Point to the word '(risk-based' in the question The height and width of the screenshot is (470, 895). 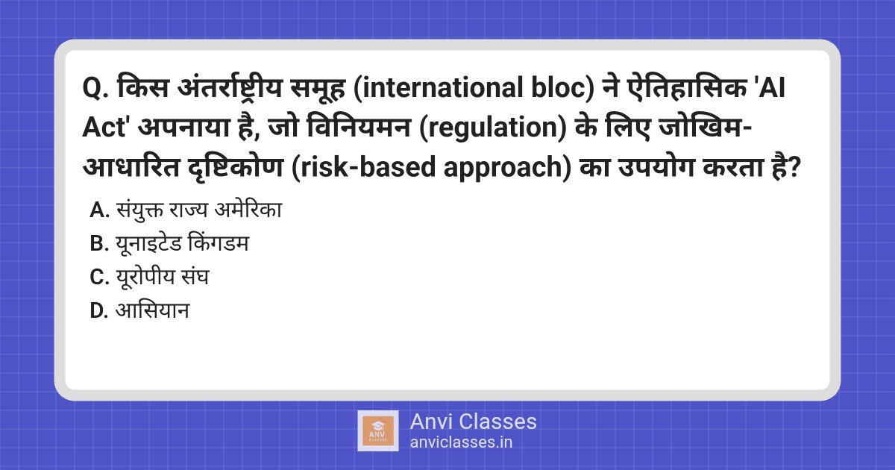point(364,167)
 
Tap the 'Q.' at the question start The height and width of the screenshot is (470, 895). point(95,88)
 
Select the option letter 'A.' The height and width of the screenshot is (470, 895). point(100,210)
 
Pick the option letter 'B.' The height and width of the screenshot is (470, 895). point(99,243)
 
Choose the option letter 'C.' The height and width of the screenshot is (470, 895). point(99,277)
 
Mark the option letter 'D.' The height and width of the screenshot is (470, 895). point(99,310)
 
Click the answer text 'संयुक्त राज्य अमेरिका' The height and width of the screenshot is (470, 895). point(199,210)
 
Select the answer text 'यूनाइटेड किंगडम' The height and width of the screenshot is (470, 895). point(182,243)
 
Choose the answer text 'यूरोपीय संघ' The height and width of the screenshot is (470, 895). point(163,277)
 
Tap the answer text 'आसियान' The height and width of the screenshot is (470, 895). point(152,310)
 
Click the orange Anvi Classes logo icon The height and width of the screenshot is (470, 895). point(378,431)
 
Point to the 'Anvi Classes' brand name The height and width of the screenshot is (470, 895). point(473,422)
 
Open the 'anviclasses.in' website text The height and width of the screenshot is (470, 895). point(461,442)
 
